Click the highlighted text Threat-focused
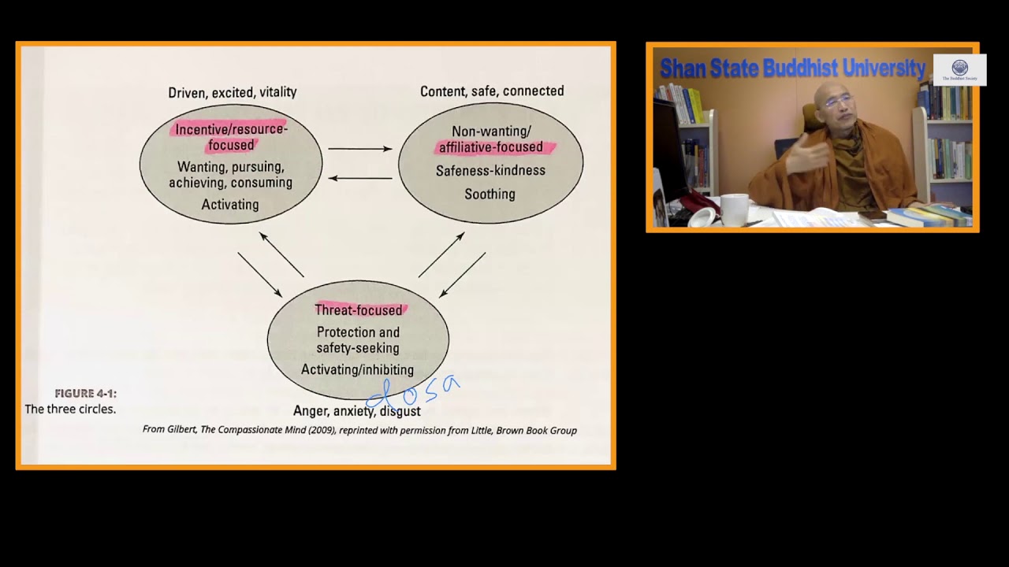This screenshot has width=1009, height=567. [x=359, y=310]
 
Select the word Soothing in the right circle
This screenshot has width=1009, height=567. [x=490, y=195]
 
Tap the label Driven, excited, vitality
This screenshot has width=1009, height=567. [x=233, y=92]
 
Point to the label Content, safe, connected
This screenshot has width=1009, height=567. [x=492, y=91]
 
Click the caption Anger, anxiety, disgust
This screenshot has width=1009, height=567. [x=356, y=411]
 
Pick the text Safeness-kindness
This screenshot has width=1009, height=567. [x=490, y=171]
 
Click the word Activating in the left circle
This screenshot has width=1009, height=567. [x=230, y=205]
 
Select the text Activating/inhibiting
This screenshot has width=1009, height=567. [x=357, y=370]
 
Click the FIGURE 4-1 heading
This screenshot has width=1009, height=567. [x=86, y=394]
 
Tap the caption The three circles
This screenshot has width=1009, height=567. [x=70, y=409]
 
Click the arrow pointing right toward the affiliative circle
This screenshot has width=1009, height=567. [x=360, y=148]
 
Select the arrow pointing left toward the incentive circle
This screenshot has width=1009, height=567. [x=360, y=178]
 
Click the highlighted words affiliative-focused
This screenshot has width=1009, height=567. [x=491, y=147]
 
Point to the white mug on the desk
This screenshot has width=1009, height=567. [x=734, y=209]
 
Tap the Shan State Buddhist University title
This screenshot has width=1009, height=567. [x=792, y=69]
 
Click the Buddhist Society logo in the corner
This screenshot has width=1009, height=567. [x=959, y=69]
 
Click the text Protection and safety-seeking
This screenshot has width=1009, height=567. [x=358, y=340]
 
